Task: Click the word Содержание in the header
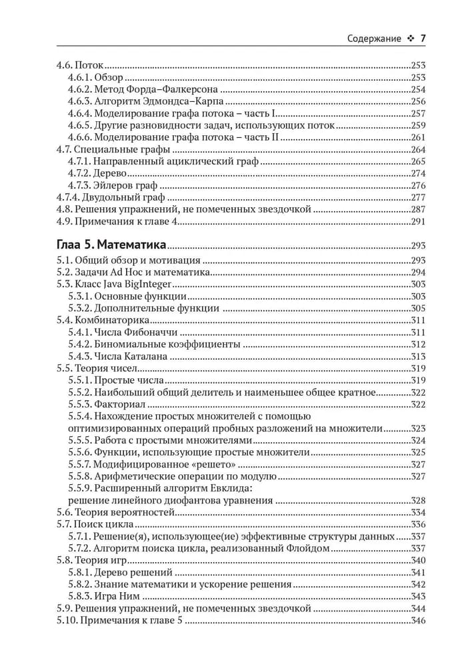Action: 374,39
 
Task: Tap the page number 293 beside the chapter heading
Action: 419,244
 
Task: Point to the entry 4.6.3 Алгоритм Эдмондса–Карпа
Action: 146,102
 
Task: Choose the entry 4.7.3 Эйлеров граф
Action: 112,185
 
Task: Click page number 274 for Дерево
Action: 419,173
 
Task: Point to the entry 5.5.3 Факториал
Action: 107,404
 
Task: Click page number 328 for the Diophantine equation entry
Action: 419,500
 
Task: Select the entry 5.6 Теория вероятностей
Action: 115,512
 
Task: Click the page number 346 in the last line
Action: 419,621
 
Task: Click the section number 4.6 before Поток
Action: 62,66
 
